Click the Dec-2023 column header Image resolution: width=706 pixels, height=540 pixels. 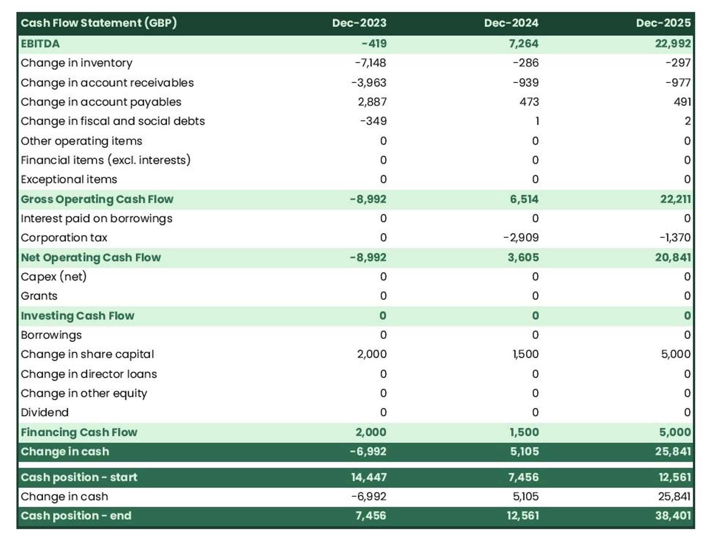click(x=359, y=23)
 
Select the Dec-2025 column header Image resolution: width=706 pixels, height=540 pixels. click(x=663, y=23)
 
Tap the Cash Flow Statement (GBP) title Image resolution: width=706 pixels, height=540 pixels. click(x=98, y=23)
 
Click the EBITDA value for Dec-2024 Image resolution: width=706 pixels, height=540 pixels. click(x=523, y=44)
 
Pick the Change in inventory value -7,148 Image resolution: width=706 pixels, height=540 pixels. click(x=370, y=63)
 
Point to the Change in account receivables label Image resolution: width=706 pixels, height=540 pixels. click(x=107, y=83)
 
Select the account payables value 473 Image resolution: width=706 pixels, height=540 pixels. click(x=529, y=102)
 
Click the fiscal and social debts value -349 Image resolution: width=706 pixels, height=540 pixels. click(x=373, y=121)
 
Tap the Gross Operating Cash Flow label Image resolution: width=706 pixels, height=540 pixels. click(x=97, y=199)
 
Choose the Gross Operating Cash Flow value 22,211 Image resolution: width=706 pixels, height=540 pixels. click(x=675, y=199)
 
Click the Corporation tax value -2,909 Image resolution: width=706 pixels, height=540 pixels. click(x=521, y=238)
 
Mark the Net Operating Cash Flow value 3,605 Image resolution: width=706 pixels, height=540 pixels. click(x=523, y=257)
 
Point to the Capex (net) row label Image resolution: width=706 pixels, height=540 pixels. click(x=54, y=277)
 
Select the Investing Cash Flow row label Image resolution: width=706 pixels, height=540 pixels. click(x=77, y=316)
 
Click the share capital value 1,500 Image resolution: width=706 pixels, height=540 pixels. click(x=526, y=354)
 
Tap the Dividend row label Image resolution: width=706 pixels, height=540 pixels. click(x=45, y=413)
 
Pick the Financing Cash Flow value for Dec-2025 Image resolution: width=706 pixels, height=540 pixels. click(x=675, y=432)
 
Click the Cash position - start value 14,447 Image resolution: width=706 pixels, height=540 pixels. click(x=369, y=477)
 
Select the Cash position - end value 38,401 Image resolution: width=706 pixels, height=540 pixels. click(x=673, y=516)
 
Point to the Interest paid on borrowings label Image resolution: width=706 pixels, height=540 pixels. click(x=96, y=218)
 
